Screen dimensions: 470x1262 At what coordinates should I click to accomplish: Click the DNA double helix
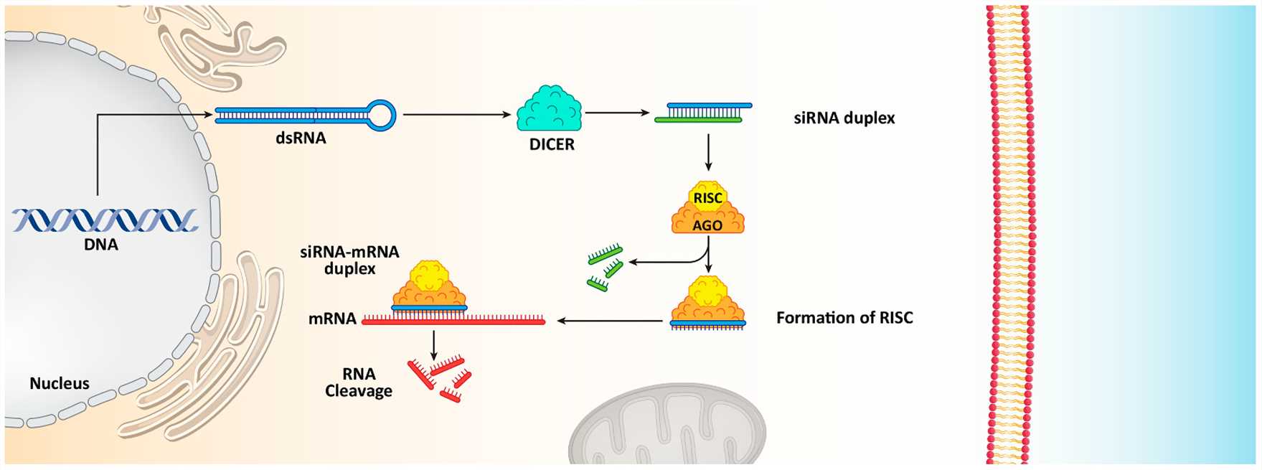click(x=105, y=220)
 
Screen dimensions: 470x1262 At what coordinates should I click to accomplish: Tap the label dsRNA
click(x=301, y=138)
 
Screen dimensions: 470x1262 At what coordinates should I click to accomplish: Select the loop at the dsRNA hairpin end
click(x=381, y=115)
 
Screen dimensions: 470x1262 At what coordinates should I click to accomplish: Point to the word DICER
click(x=552, y=144)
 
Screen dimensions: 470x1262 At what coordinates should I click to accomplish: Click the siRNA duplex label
click(x=844, y=118)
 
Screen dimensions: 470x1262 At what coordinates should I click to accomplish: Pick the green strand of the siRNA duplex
click(x=698, y=120)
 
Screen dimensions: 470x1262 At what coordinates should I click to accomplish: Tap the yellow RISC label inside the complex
click(x=707, y=198)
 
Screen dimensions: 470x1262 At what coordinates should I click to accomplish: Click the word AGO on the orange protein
click(x=707, y=225)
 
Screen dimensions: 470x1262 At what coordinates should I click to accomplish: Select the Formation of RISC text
click(x=844, y=318)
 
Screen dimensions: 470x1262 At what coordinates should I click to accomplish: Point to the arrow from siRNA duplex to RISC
click(x=708, y=152)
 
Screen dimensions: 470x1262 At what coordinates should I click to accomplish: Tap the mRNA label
click(x=332, y=319)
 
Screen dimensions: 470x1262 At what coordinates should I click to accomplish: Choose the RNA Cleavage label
click(x=359, y=382)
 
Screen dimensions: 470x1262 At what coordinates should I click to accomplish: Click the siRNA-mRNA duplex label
click(x=350, y=260)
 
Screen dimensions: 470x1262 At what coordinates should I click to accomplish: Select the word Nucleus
click(x=60, y=384)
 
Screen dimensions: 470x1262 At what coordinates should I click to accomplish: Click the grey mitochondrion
click(x=667, y=430)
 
